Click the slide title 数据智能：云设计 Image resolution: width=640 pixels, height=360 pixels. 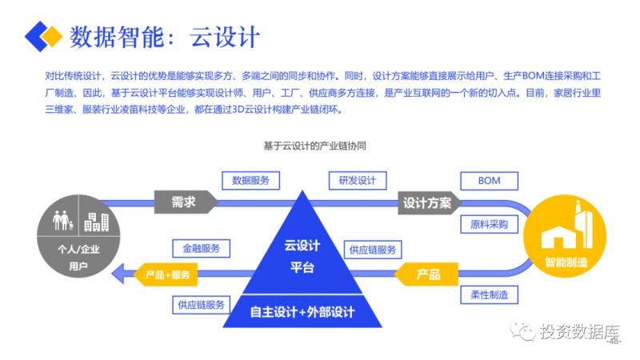pos(165,37)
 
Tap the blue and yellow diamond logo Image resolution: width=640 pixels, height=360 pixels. pos(43,35)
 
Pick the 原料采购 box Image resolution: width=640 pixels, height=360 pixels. pos(489,224)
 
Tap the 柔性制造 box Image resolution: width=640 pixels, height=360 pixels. pos(489,295)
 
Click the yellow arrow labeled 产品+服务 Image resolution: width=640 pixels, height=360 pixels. pos(166,274)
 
